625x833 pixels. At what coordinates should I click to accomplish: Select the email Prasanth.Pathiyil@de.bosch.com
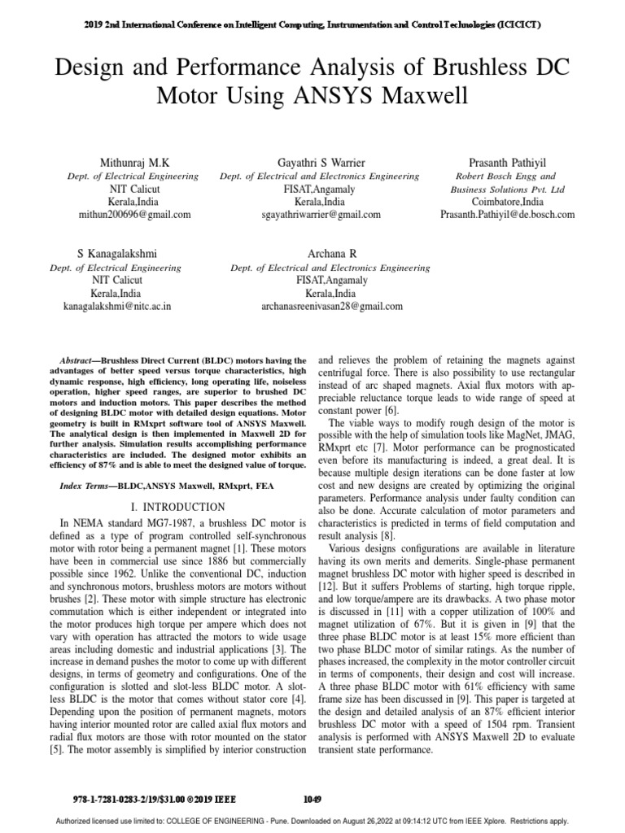(507, 215)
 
